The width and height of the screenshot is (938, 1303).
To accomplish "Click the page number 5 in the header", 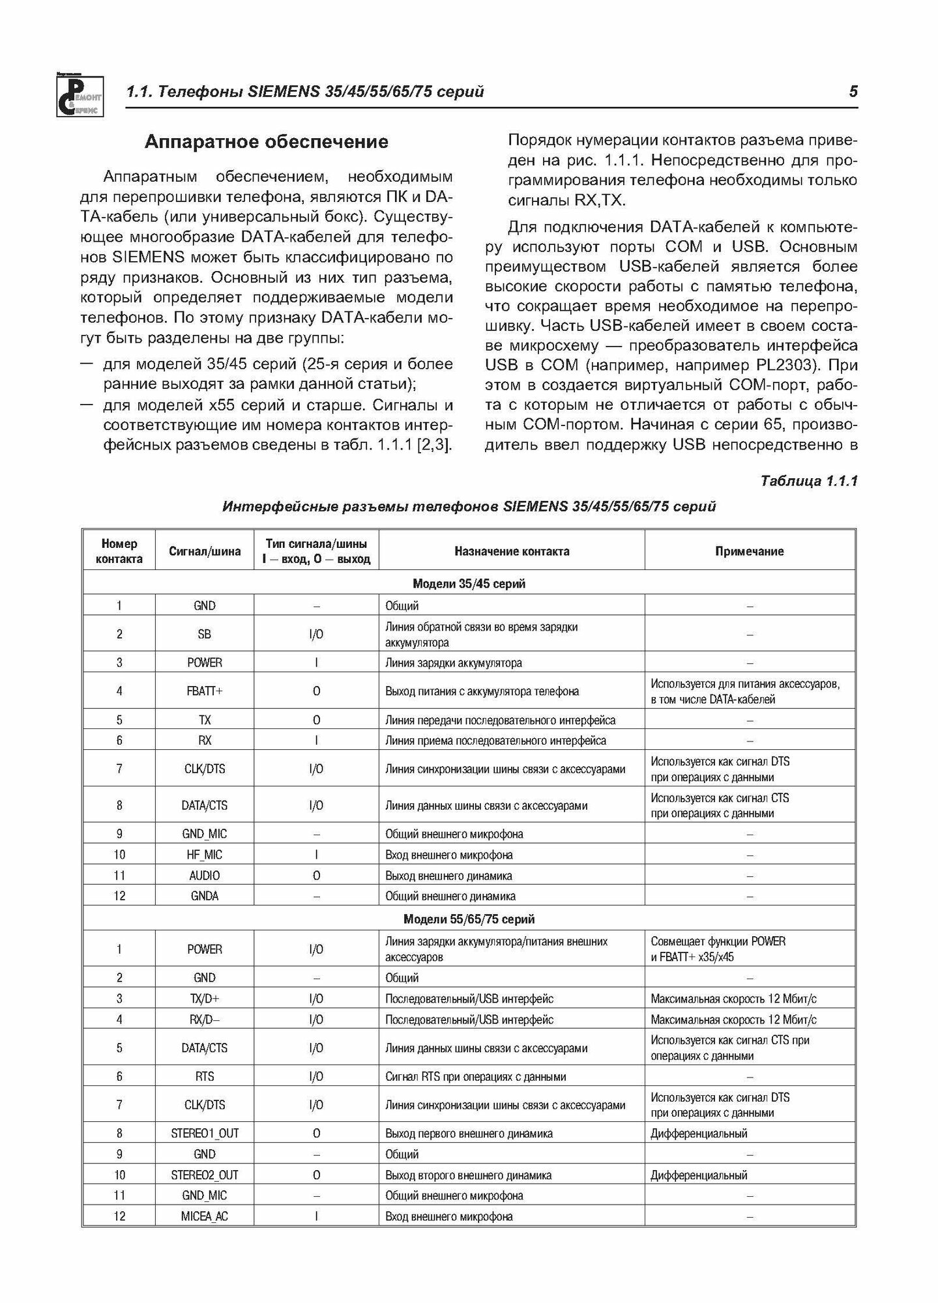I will tap(853, 92).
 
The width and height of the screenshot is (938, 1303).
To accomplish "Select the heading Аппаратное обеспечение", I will tap(266, 142).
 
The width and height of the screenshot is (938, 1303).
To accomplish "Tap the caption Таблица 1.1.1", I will tap(808, 481).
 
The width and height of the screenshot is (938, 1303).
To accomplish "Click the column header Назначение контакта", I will tap(512, 551).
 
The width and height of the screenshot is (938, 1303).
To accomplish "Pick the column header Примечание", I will tap(749, 551).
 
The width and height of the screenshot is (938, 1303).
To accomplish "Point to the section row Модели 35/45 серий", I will tap(469, 584).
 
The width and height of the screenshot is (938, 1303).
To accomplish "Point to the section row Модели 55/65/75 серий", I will tap(469, 919).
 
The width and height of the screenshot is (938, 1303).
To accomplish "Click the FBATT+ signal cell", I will tap(205, 691).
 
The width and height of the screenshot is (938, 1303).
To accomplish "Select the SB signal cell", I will tap(205, 634).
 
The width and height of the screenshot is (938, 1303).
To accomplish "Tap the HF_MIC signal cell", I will tap(205, 855).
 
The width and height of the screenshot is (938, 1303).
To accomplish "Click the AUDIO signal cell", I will tap(205, 876).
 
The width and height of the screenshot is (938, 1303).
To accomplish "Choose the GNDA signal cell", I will tap(205, 896).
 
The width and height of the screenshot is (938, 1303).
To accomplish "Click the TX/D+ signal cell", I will tap(205, 999).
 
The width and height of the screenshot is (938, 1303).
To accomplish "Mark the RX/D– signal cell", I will tap(205, 1020).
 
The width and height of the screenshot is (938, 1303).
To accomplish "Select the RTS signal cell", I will tap(205, 1077).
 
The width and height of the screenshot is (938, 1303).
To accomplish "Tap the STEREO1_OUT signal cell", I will tap(205, 1134).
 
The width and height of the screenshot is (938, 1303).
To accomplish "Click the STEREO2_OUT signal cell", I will tap(205, 1175).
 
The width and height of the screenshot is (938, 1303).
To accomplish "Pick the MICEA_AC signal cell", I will tap(205, 1216).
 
